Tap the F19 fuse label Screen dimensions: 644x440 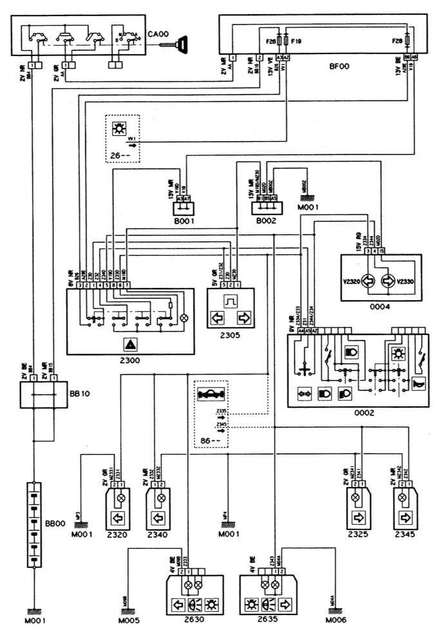(297, 41)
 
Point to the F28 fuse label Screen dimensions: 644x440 (397, 41)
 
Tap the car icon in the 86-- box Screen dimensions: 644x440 (213, 395)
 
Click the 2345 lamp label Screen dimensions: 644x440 (405, 534)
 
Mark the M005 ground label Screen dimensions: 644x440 (129, 621)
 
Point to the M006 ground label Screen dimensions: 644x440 (336, 621)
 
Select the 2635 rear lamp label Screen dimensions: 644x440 (263, 621)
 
